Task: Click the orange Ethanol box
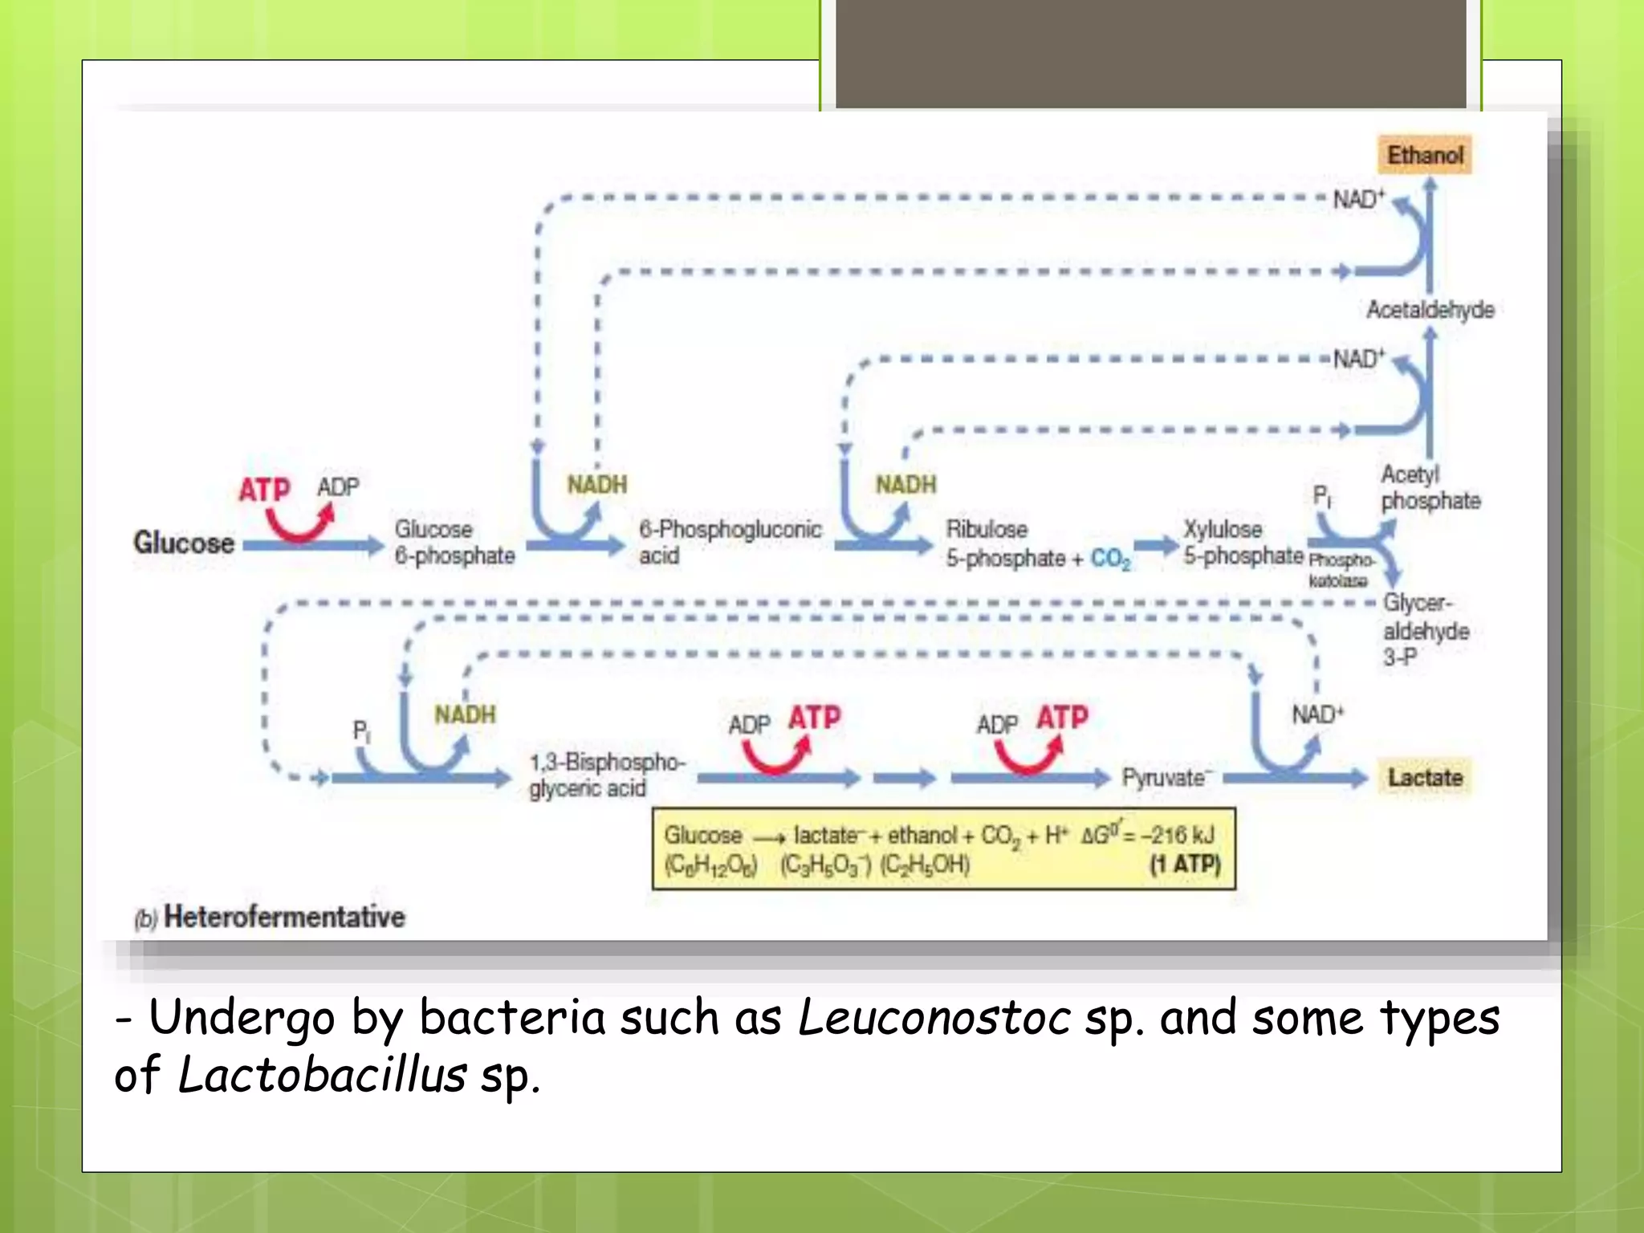tap(1425, 155)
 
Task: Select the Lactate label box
tap(1425, 777)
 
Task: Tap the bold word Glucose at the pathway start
tap(184, 543)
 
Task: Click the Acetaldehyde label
tap(1430, 310)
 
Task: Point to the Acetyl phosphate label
tap(1430, 488)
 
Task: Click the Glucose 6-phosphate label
tap(454, 543)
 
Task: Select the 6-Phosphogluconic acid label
tap(729, 543)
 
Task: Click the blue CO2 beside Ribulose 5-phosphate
tap(1110, 559)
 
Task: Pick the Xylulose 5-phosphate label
tap(1242, 543)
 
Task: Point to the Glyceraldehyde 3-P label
tap(1425, 630)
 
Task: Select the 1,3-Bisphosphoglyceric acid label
tap(606, 775)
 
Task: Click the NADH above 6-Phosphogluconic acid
tap(596, 485)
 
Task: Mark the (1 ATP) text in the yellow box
tap(1185, 865)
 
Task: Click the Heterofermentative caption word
tap(284, 917)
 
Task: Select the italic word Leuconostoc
tap(934, 1018)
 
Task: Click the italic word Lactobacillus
tap(322, 1076)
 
